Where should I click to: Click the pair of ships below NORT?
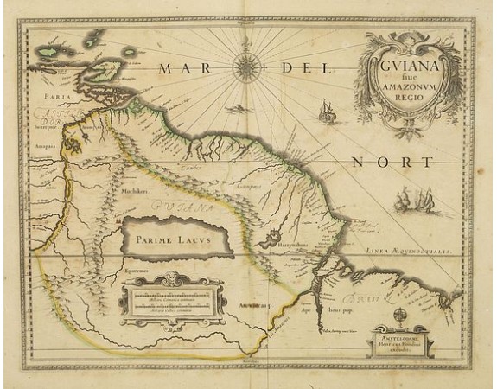tap(411, 203)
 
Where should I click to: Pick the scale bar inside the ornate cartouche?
tap(164, 302)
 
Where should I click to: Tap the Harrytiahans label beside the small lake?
tap(271, 246)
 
